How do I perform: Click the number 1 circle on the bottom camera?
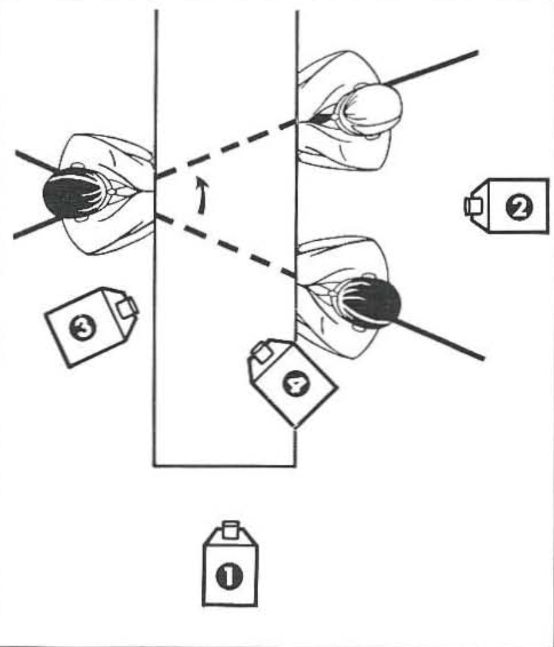[x=229, y=576]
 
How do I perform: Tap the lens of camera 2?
[x=473, y=205]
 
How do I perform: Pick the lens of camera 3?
[x=128, y=307]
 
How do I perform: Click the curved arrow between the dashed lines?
[x=200, y=195]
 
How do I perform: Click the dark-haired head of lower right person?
[x=370, y=301]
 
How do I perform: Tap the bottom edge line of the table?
[x=225, y=465]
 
